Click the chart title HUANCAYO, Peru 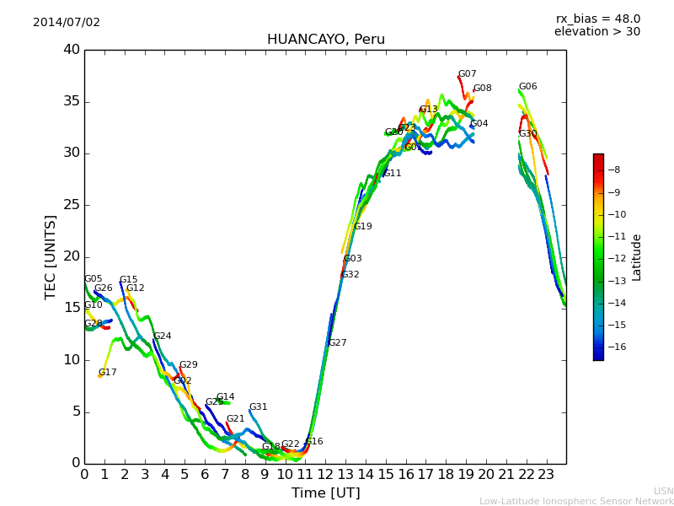coord(325,40)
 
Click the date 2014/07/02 coord(67,22)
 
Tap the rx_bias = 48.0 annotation coord(598,19)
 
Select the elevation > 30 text coord(596,32)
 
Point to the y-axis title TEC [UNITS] coord(51,256)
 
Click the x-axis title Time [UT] coord(325,493)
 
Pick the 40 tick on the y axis coord(72,50)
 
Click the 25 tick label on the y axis coord(72,205)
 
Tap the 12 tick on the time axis coord(325,474)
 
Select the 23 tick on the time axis coord(546,474)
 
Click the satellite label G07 coord(467,74)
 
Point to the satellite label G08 coord(482,89)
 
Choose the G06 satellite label coord(527,87)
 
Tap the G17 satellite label coord(107,373)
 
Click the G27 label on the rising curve coord(337,343)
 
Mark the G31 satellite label coord(258,407)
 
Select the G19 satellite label coord(362,227)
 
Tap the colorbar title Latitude coord(637,256)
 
